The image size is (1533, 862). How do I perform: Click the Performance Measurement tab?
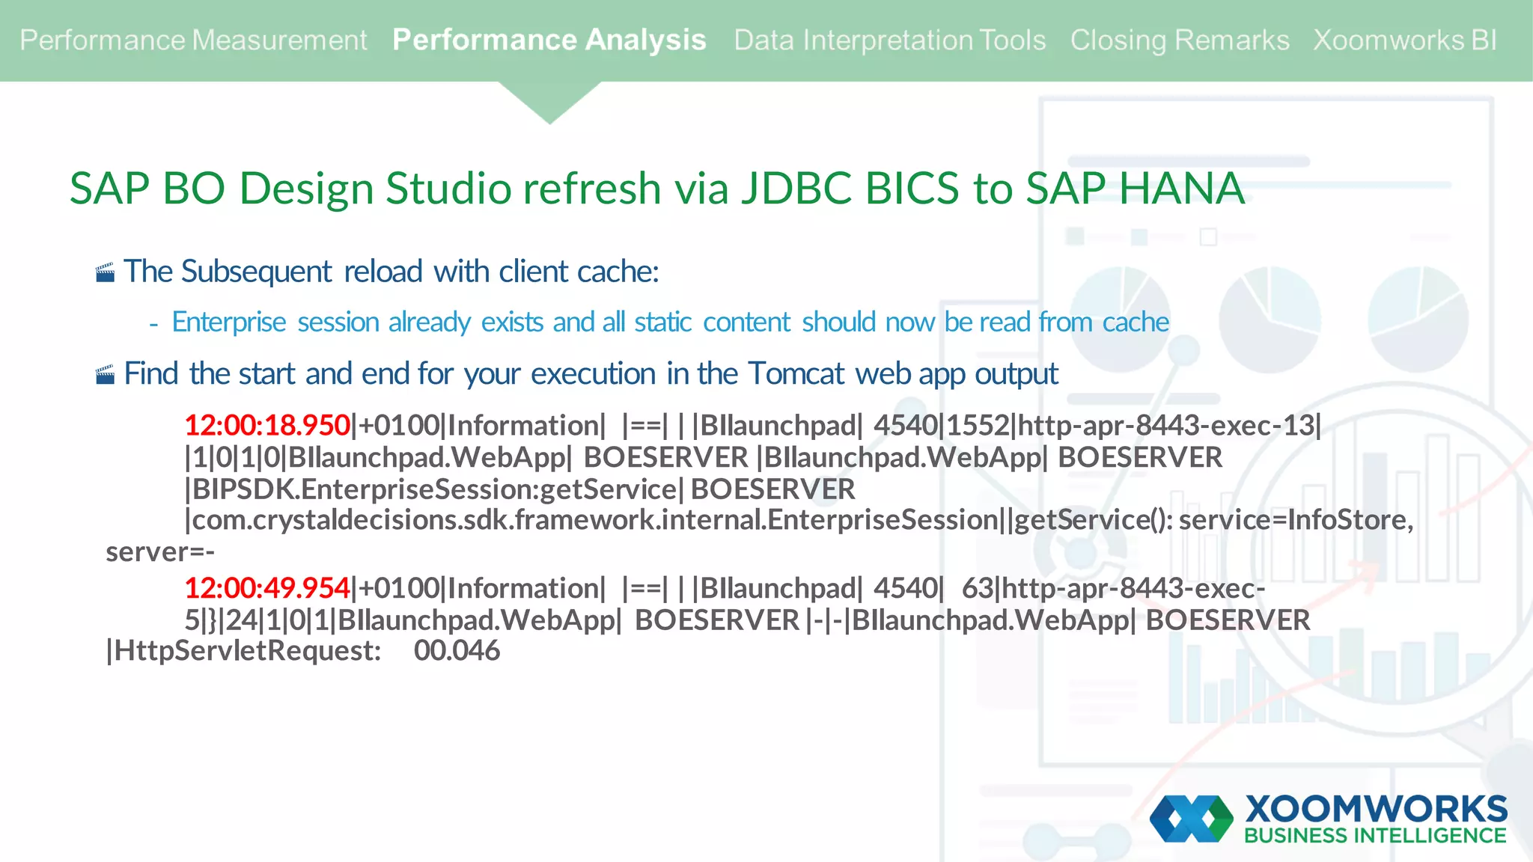(193, 40)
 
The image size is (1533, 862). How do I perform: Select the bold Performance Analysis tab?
(549, 40)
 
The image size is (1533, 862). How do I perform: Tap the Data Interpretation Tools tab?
(889, 40)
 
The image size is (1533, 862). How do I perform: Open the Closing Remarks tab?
(1179, 40)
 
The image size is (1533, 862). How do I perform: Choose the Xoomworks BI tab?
(1404, 40)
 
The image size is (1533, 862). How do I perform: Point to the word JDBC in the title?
(796, 188)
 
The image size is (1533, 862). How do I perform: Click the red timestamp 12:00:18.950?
(267, 425)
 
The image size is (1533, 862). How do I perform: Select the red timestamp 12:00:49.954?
(267, 588)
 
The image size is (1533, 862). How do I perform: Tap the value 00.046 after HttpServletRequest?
(457, 651)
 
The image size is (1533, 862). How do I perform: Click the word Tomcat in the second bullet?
(796, 373)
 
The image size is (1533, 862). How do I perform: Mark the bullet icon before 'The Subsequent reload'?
(106, 272)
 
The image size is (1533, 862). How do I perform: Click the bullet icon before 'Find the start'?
(106, 374)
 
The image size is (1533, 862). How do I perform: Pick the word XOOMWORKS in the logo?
(1376, 809)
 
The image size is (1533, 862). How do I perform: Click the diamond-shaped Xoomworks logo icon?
(1191, 819)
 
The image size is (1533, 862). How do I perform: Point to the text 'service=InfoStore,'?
(1296, 519)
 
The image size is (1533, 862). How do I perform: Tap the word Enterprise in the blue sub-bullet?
(229, 323)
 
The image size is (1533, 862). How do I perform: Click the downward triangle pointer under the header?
(549, 102)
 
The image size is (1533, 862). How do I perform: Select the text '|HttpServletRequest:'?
(244, 651)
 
